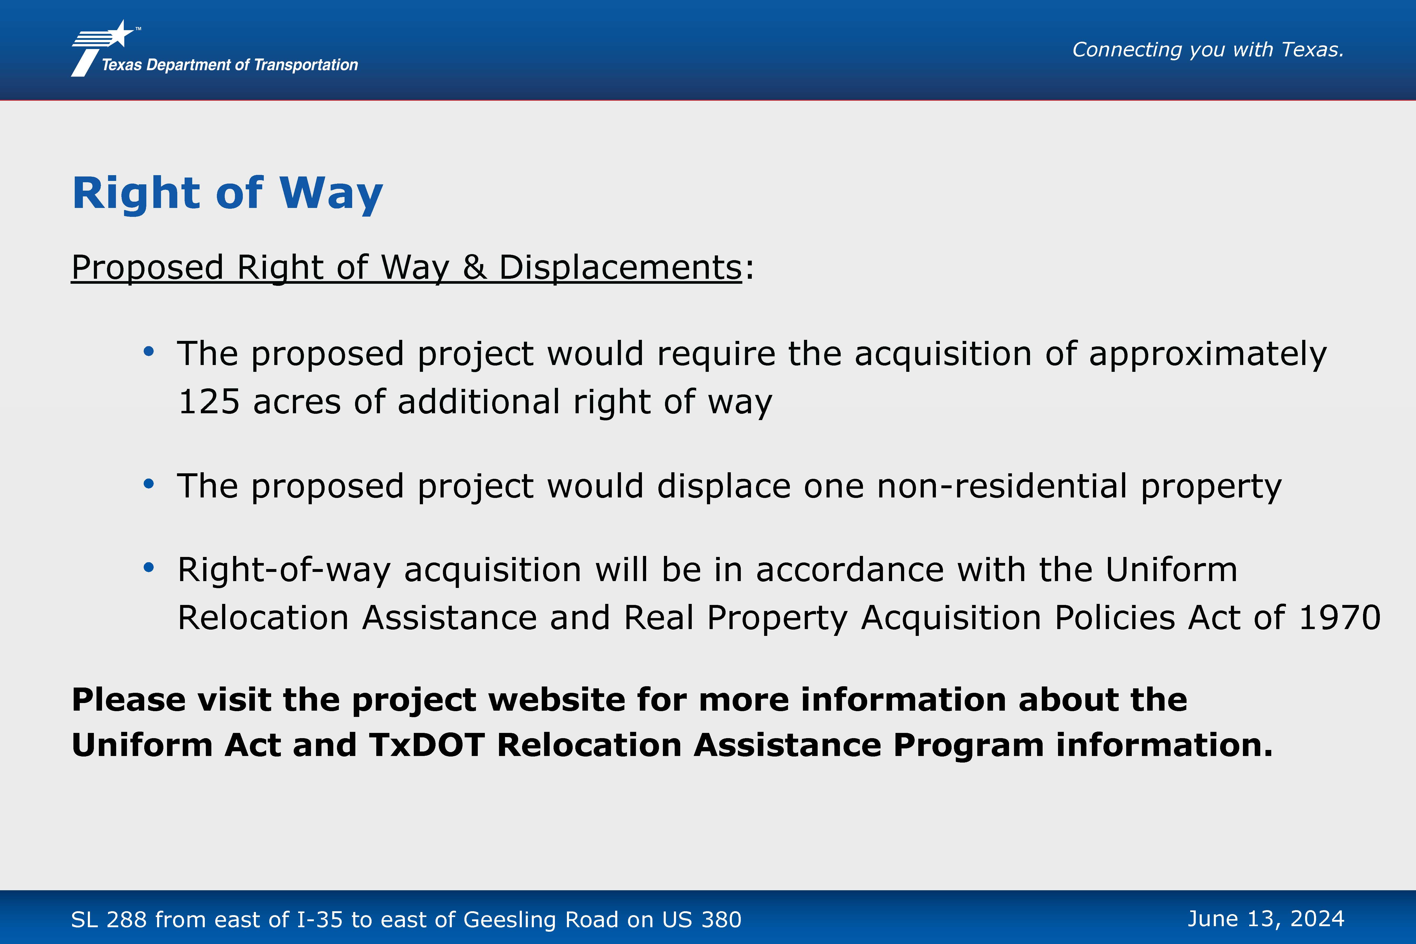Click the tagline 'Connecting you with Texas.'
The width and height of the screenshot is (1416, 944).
coord(1208,49)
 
